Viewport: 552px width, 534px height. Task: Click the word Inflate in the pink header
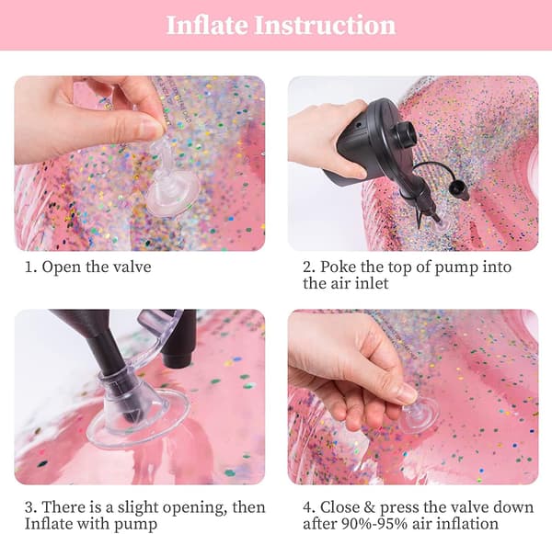[207, 25]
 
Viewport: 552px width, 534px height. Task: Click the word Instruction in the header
[325, 25]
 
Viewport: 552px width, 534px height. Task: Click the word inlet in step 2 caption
[372, 283]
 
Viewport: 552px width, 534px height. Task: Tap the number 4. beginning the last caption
[309, 507]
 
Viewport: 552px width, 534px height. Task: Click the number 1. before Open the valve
[30, 267]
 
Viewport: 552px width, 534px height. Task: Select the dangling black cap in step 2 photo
[459, 190]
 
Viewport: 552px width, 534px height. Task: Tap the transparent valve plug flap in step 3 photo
[159, 335]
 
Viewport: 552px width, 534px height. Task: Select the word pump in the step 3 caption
[135, 524]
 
